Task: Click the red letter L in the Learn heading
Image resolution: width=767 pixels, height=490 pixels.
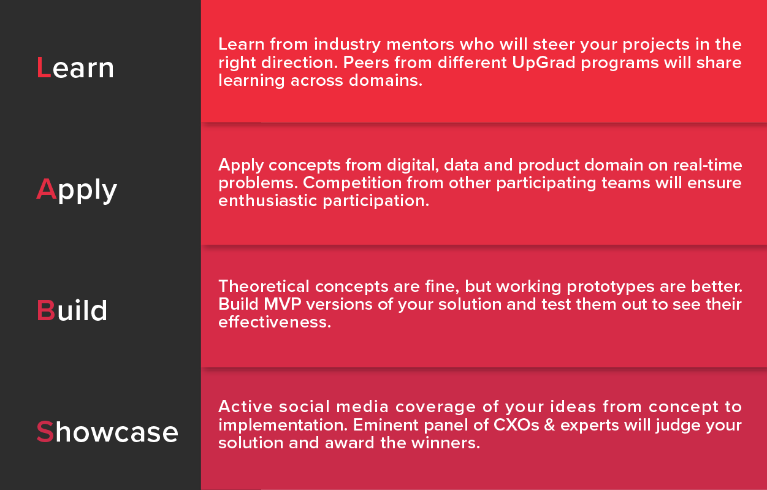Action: pos(44,67)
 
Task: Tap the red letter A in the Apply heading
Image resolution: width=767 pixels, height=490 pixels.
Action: pos(46,189)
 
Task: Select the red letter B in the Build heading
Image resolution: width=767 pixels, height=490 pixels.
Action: pos(46,310)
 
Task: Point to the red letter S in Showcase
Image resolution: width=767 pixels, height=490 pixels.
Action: pos(45,431)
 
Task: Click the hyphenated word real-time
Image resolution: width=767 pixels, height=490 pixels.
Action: pos(708,165)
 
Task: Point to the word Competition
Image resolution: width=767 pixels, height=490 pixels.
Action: pos(353,183)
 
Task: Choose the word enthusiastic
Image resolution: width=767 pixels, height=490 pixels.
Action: pos(268,201)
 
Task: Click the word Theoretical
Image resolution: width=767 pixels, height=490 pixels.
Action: pos(264,286)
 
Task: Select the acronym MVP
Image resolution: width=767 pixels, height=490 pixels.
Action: pos(283,304)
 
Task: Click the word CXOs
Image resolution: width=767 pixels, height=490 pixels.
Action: pos(516,425)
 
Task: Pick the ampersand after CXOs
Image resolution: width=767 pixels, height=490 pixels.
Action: pos(549,425)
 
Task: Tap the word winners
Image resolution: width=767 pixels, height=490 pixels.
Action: pos(446,443)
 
